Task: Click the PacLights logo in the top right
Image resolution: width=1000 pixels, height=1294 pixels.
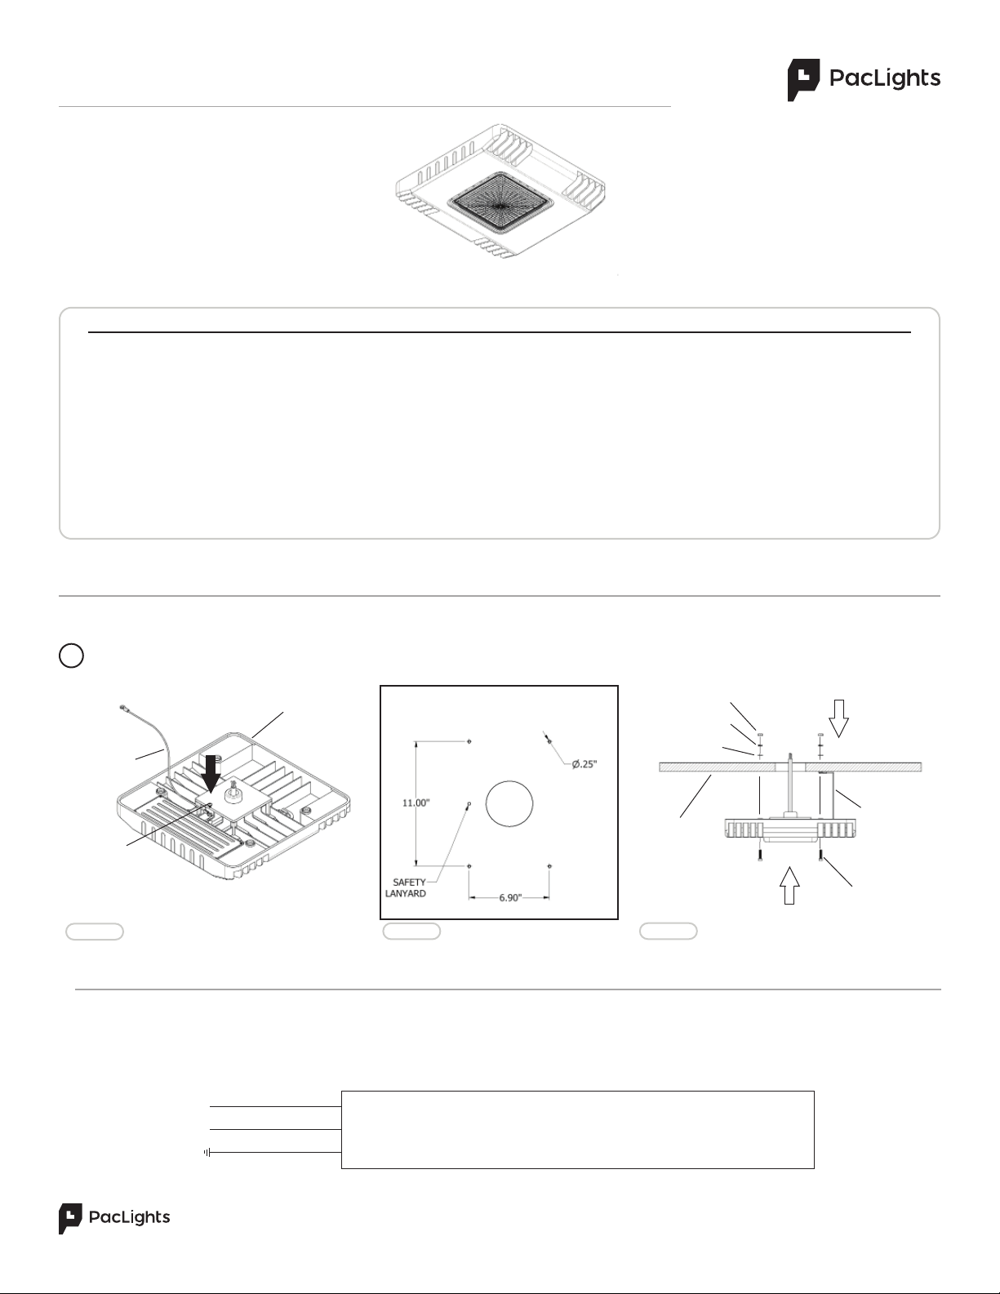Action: click(x=864, y=80)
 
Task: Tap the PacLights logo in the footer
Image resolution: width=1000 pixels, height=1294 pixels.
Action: click(x=114, y=1218)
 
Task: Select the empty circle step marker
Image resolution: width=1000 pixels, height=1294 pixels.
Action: click(x=72, y=656)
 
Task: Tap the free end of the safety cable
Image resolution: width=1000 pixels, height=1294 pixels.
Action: click(x=123, y=708)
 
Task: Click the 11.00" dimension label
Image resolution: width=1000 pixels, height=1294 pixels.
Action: click(x=416, y=803)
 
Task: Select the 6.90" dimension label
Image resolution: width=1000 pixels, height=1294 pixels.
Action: click(x=510, y=898)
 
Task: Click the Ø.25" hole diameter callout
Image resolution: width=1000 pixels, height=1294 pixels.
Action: click(x=584, y=764)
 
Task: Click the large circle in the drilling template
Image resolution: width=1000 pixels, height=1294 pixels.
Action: click(x=509, y=803)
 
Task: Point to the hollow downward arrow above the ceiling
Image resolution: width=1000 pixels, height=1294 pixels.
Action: click(x=838, y=718)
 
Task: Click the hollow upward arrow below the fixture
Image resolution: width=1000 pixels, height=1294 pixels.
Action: click(x=789, y=886)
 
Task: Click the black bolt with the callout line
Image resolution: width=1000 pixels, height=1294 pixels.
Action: click(x=820, y=856)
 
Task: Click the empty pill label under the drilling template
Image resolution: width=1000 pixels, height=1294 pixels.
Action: click(x=411, y=932)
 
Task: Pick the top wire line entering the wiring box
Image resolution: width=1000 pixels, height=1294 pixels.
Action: click(x=276, y=1106)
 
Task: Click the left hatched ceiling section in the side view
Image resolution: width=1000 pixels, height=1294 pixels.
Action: click(x=718, y=767)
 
